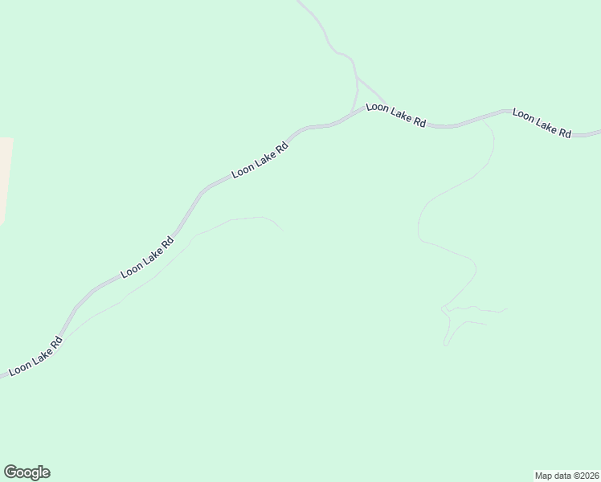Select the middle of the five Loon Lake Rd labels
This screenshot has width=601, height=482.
click(260, 161)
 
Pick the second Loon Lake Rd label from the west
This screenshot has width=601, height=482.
click(148, 258)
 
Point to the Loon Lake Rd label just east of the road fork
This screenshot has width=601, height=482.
click(396, 115)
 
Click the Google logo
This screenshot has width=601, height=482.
click(27, 472)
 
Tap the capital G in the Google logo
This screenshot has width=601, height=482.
click(10, 472)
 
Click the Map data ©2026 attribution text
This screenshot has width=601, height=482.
click(566, 475)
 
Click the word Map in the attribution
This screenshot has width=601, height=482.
click(543, 475)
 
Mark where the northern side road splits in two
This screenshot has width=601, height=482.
click(357, 78)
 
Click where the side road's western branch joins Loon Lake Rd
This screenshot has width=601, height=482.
click(351, 112)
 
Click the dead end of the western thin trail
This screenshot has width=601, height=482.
click(282, 230)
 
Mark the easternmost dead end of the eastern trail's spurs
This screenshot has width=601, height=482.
click(508, 308)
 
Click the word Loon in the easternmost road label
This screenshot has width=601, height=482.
click(523, 116)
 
